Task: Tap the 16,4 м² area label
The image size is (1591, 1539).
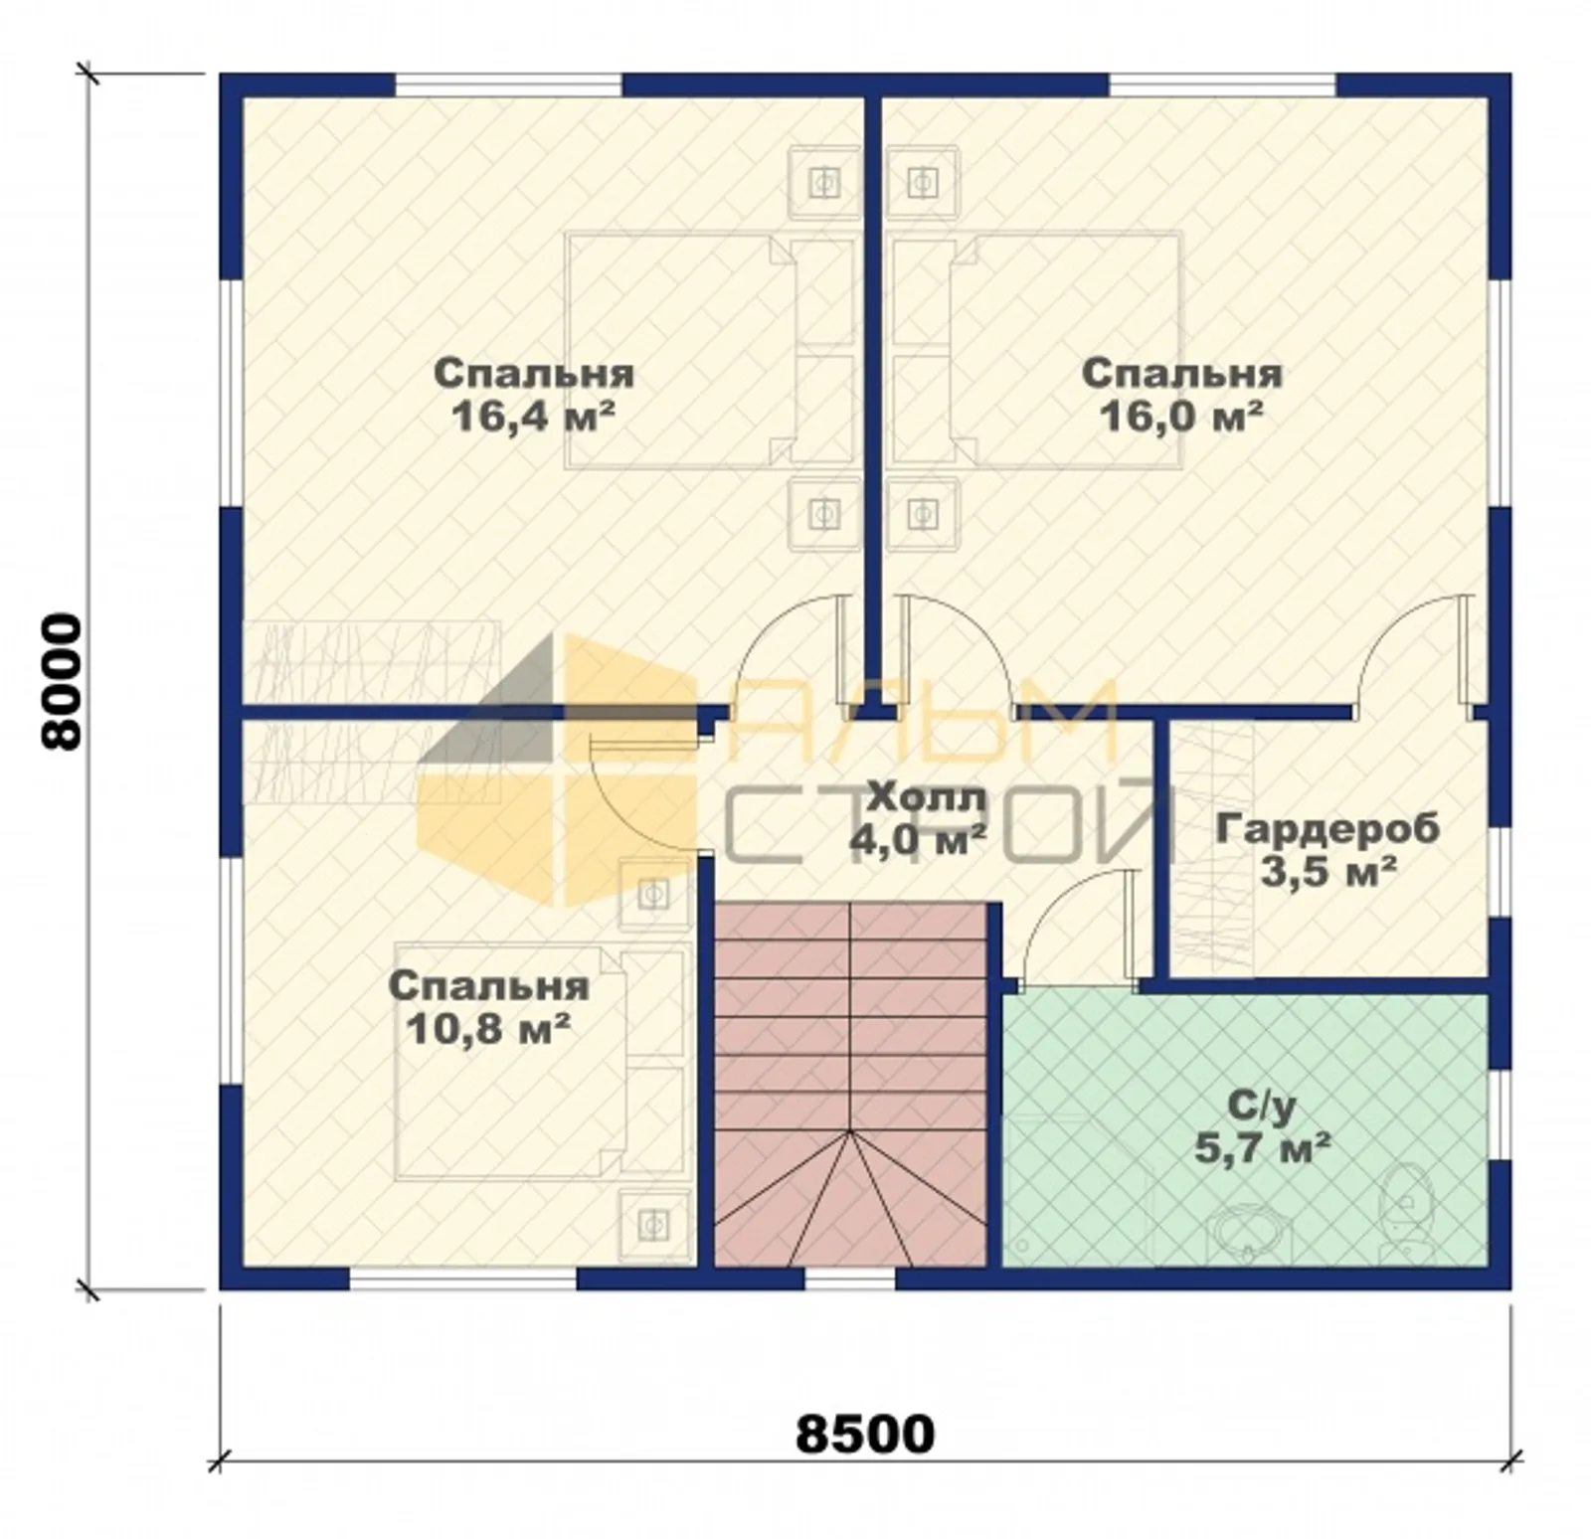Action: [531, 416]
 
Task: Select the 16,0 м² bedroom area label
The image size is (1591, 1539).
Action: [1180, 416]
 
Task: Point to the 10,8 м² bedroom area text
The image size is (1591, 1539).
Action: [488, 1028]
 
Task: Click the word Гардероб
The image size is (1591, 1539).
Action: [1326, 828]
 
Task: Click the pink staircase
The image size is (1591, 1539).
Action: [850, 1084]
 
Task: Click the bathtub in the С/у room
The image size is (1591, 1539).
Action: [1249, 1233]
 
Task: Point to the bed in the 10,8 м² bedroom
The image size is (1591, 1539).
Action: [543, 1062]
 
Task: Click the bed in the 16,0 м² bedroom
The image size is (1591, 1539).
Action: [1036, 350]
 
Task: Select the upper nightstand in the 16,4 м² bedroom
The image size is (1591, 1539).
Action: [823, 182]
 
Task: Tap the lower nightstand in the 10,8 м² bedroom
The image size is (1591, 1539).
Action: [654, 1224]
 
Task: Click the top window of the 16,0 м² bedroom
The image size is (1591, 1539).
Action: [1222, 85]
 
